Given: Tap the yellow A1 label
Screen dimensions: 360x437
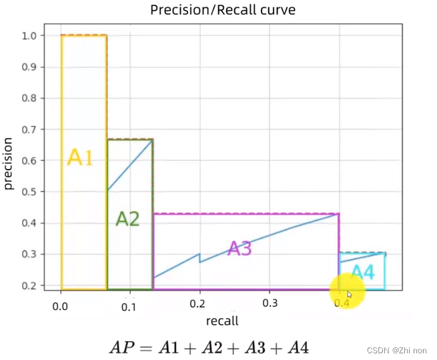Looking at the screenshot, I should tap(80, 158).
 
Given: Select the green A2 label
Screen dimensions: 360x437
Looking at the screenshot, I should tap(127, 218).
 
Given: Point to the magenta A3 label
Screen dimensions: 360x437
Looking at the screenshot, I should tap(240, 248).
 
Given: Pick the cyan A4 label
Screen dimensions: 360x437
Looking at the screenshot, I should tap(363, 273).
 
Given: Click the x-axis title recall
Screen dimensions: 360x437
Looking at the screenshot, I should tap(222, 320).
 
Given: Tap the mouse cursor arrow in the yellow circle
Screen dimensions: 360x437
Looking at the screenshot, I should tap(350, 295).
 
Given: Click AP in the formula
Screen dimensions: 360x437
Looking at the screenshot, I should tap(123, 347).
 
